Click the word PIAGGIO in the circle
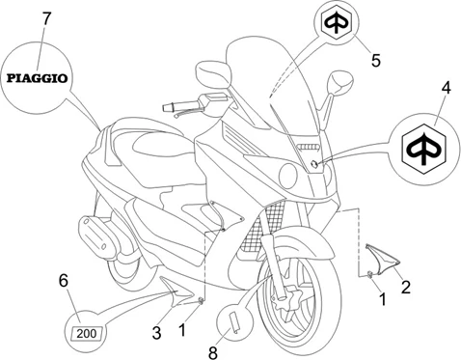pyautogui.click(x=38, y=78)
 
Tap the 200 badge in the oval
pyautogui.click(x=87, y=333)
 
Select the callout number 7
pyautogui.click(x=46, y=18)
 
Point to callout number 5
pyautogui.click(x=376, y=60)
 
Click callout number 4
pyautogui.click(x=446, y=88)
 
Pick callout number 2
pyautogui.click(x=406, y=288)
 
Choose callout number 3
pyautogui.click(x=156, y=333)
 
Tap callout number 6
pyautogui.click(x=64, y=281)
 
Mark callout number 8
pyautogui.click(x=213, y=352)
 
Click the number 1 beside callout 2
pyautogui.click(x=382, y=299)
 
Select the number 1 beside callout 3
pyautogui.click(x=182, y=330)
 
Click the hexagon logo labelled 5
pyautogui.click(x=336, y=23)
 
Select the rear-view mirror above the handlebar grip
pyautogui.click(x=213, y=72)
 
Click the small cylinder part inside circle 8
pyautogui.click(x=233, y=322)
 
